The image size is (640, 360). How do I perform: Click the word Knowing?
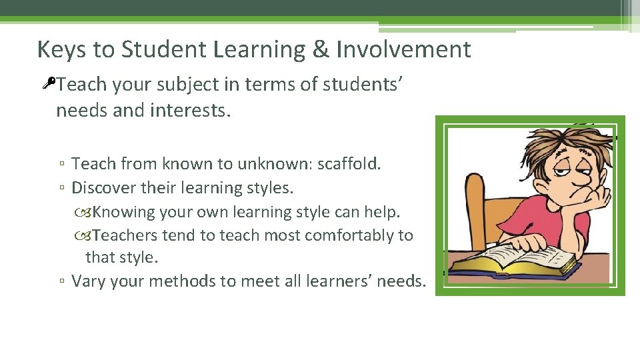click(x=123, y=212)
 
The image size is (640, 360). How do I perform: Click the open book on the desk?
click(x=513, y=259)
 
